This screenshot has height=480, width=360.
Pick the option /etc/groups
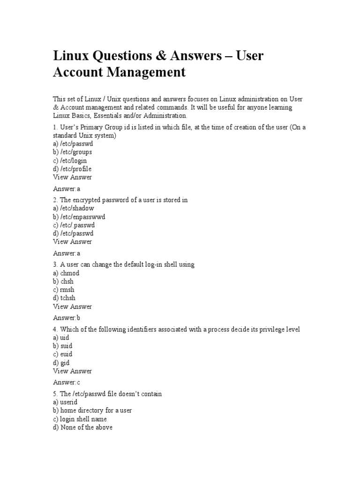(x=73, y=152)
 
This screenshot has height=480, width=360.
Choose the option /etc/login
(x=70, y=160)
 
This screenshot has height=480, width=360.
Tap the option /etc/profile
(x=72, y=169)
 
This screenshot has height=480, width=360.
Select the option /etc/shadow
(x=73, y=208)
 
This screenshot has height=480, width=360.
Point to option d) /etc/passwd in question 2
(x=73, y=233)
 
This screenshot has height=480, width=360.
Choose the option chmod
(x=66, y=273)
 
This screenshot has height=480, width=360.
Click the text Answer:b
(x=67, y=318)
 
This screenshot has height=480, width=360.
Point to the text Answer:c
(x=67, y=382)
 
